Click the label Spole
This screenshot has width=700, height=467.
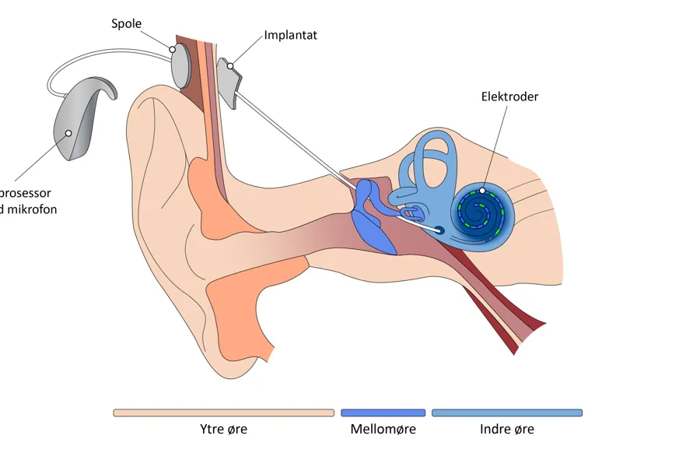coord(126,23)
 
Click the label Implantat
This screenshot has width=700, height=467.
coord(290,35)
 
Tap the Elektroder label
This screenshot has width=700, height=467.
coord(509,97)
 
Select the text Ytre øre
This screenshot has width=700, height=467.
coord(223,429)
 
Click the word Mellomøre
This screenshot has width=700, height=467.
coord(383,429)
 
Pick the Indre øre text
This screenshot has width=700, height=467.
coord(506,429)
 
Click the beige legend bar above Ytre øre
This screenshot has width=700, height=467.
coord(223,413)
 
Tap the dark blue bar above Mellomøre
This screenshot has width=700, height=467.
coord(383,413)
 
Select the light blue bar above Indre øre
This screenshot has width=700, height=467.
coord(506,413)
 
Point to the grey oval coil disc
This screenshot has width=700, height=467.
coord(180,65)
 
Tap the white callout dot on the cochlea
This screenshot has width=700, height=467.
coord(482,190)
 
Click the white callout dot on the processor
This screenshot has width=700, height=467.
coord(68,133)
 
